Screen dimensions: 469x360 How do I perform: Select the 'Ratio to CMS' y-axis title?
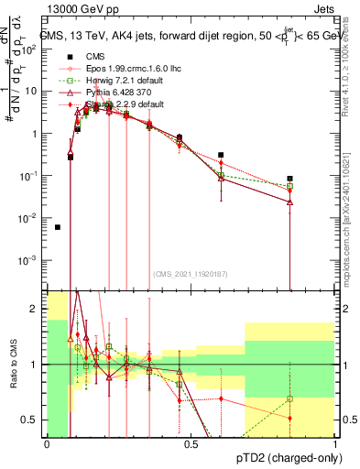[x=12, y=365]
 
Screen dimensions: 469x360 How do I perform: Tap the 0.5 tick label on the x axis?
[x=191, y=445]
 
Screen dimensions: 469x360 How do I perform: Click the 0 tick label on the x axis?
[x=47, y=445]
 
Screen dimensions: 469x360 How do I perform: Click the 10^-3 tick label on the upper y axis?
[x=30, y=260]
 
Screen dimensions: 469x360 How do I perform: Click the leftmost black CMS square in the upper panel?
[x=58, y=227]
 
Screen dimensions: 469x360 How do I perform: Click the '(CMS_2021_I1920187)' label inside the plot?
[x=190, y=273]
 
